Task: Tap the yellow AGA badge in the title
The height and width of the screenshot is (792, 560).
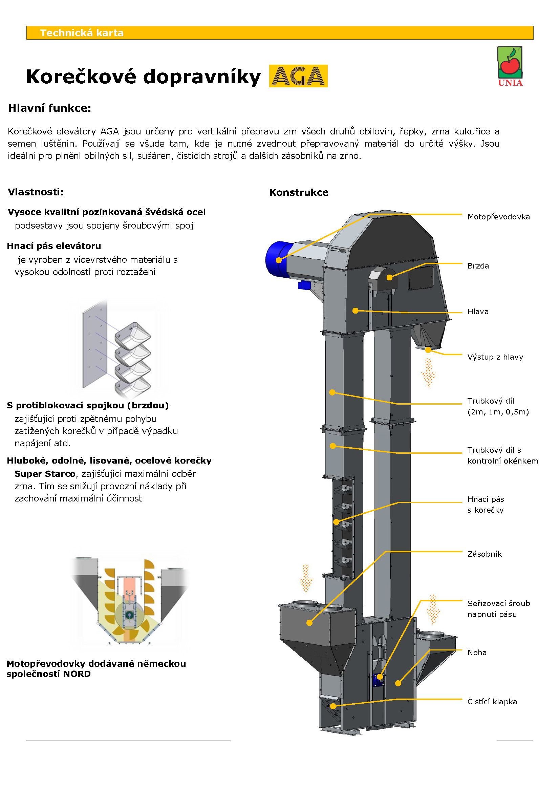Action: [x=298, y=76]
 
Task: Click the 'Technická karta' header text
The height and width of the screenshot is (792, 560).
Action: [x=82, y=33]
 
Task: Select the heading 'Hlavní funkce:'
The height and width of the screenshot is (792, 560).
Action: [x=50, y=108]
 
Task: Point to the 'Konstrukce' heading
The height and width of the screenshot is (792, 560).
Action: [x=299, y=192]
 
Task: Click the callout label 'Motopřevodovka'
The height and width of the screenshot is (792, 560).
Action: [x=498, y=217]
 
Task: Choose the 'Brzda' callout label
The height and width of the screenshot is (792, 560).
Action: [x=478, y=265]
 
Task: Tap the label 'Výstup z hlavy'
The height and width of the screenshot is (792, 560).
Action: [x=495, y=357]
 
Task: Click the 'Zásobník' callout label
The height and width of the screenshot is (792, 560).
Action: [x=484, y=554]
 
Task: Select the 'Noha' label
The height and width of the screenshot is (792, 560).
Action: [x=477, y=652]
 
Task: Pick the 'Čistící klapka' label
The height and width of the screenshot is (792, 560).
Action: [x=492, y=701]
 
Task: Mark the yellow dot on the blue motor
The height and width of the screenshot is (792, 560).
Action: [x=279, y=260]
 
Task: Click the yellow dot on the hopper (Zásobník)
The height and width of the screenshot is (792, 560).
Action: [x=309, y=623]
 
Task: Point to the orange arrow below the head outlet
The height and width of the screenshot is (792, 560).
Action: [x=428, y=372]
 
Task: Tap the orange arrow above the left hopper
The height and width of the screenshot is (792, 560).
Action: [x=305, y=578]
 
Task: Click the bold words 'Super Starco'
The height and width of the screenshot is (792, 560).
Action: [x=45, y=474]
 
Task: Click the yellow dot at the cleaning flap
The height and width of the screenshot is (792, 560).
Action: [x=333, y=706]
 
